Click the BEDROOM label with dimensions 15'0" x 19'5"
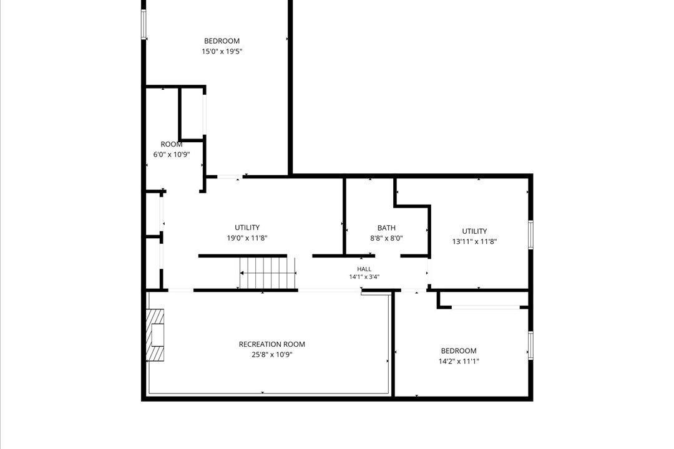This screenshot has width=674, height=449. click(x=222, y=41)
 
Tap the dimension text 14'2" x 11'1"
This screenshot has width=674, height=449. click(x=459, y=361)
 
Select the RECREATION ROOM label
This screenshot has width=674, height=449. click(x=271, y=344)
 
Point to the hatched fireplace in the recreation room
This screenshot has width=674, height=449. click(x=155, y=335)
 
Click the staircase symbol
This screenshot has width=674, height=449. click(x=267, y=273)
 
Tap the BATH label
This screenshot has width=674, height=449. click(x=386, y=228)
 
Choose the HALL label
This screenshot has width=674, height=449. click(x=364, y=269)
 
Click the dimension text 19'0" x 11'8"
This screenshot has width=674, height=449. click(x=247, y=238)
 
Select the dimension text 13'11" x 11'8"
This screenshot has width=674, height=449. click(x=474, y=241)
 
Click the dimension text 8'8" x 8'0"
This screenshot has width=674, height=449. click(x=386, y=238)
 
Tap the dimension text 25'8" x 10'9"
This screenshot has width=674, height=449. click(x=271, y=354)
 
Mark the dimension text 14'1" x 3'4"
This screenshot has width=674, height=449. click(x=364, y=277)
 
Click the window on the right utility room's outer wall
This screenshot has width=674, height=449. click(x=531, y=234)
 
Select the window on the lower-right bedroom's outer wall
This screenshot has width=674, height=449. click(x=531, y=345)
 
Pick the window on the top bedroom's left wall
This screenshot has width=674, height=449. click(x=144, y=24)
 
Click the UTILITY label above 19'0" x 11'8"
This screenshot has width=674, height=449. click(x=247, y=228)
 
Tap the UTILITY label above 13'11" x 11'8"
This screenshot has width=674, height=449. click(x=474, y=231)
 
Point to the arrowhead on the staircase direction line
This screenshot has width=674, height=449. click(x=242, y=273)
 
